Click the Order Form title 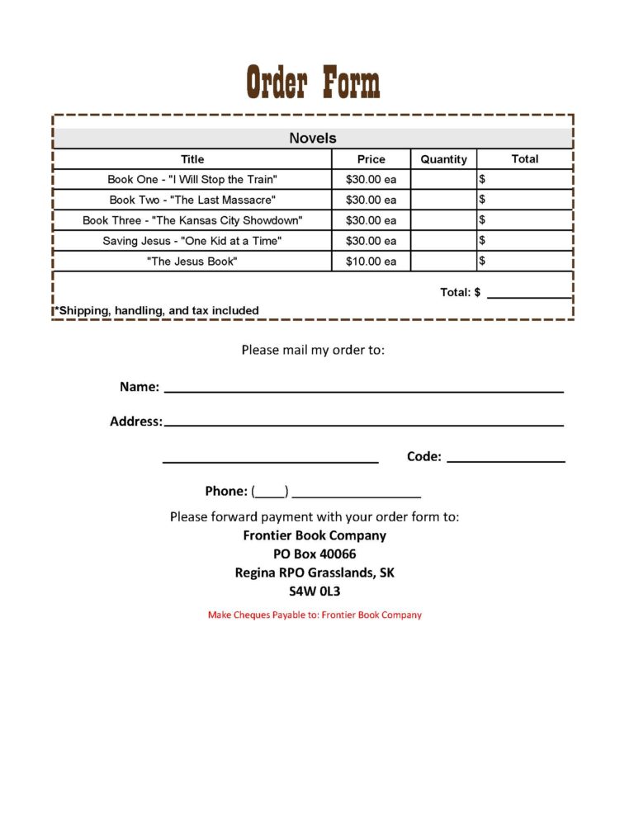[x=314, y=83]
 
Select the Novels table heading [x=313, y=139]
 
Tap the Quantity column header [x=443, y=159]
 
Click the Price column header [x=371, y=159]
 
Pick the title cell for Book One [x=192, y=179]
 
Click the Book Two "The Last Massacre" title [x=192, y=200]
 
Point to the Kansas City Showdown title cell [x=192, y=220]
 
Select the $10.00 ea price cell [x=371, y=262]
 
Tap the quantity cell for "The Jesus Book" [x=443, y=262]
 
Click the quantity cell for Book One [x=443, y=179]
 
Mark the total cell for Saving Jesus [x=525, y=241]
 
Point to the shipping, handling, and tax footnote [x=157, y=311]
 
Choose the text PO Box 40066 [x=315, y=554]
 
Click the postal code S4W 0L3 [x=315, y=591]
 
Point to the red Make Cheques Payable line [x=315, y=615]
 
